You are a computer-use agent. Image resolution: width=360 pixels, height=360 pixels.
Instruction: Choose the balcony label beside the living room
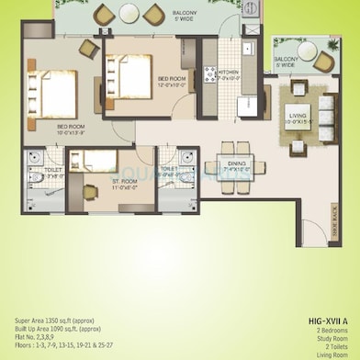tap(285, 61)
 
